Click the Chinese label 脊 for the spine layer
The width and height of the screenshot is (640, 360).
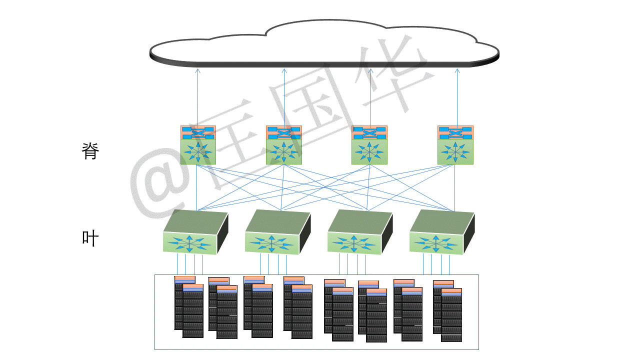[x=90, y=151]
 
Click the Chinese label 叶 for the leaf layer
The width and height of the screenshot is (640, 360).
[x=90, y=238]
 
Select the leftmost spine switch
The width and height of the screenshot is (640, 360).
[x=198, y=145]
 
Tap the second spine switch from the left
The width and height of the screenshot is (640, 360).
[x=284, y=145]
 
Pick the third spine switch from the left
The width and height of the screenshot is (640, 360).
[x=369, y=145]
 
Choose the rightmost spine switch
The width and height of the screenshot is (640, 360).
[x=455, y=145]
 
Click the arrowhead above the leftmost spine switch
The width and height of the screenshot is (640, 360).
[x=197, y=71]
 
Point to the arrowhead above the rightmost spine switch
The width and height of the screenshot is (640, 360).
[x=457, y=71]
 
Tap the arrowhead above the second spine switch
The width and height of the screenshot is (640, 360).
[x=284, y=71]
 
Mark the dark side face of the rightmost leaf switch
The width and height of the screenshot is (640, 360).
[x=468, y=232]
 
